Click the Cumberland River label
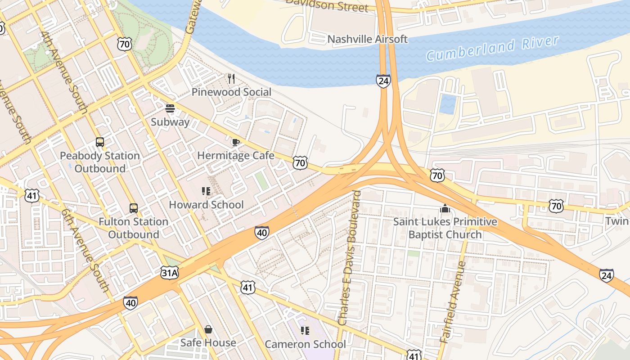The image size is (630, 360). point(492,49)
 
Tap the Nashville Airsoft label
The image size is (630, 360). point(367,39)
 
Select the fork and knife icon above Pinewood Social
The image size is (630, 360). point(231,79)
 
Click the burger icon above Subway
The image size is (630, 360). point(170,108)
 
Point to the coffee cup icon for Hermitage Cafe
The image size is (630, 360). point(235,143)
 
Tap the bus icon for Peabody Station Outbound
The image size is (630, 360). point(100,142)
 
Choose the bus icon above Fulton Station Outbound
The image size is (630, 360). point(134,208)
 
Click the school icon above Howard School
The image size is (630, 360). point(206,191)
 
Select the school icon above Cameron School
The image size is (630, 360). point(305,331)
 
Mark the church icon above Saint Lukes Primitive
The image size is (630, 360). point(445,208)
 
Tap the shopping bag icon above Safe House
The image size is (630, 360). point(208,329)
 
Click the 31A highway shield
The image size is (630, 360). point(169,272)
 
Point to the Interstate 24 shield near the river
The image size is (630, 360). point(383,81)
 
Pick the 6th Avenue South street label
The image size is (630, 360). point(85,250)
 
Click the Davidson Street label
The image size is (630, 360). point(327,5)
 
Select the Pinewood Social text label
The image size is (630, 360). point(231,92)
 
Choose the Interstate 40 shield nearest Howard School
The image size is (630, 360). point(262,233)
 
